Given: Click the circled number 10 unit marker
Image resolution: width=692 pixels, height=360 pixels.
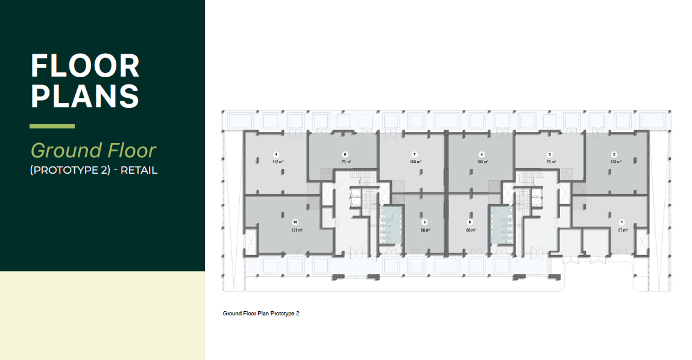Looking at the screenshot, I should click(295, 222).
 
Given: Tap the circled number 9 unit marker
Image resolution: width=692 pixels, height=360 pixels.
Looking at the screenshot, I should click(275, 154).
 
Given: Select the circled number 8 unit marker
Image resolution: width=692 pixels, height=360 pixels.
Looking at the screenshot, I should click(345, 154).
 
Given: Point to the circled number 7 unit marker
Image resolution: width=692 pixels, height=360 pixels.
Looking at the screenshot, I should click(415, 154).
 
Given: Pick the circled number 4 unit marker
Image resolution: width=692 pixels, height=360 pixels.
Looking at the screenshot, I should click(482, 154).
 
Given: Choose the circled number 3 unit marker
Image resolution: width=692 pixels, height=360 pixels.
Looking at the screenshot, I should click(550, 154).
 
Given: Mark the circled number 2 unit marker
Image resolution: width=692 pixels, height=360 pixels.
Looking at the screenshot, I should click(614, 154).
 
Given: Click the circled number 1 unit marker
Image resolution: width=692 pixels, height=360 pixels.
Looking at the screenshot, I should click(623, 222).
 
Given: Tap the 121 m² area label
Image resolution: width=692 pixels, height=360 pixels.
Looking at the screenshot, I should click(295, 230).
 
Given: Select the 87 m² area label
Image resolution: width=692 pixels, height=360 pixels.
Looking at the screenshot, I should click(623, 230).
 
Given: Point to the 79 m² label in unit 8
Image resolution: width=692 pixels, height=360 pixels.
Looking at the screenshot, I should click(346, 162).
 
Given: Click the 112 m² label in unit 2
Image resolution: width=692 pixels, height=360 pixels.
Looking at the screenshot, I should click(614, 162).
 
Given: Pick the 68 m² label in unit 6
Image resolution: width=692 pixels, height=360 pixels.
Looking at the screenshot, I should click(425, 230).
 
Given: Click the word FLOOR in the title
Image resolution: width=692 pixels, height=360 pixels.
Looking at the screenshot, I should click(85, 66).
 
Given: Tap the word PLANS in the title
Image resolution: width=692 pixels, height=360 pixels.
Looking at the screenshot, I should click(85, 96).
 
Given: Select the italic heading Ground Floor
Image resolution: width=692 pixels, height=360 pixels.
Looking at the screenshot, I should click(93, 150).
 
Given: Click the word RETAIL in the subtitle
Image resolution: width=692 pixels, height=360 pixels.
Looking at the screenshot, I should click(139, 170).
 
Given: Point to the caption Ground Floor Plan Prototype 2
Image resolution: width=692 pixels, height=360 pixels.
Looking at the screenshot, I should click(261, 314).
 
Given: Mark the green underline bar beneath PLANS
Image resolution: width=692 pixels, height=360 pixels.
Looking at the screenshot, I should click(52, 127).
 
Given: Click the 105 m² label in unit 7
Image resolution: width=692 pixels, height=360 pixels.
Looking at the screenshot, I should click(415, 162).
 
